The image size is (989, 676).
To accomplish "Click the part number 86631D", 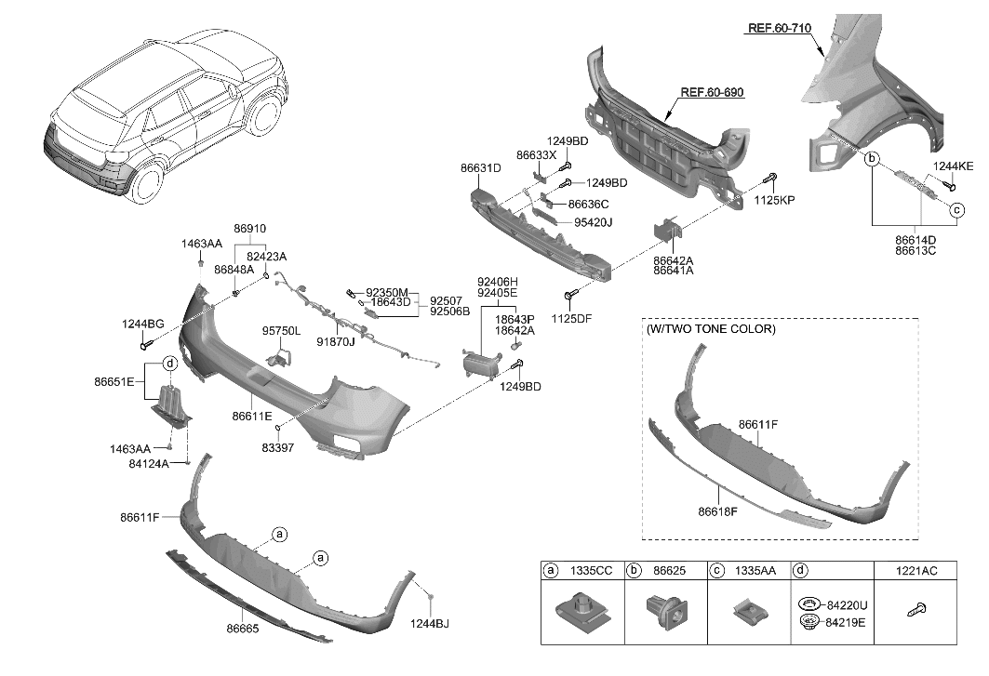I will [x=480, y=168].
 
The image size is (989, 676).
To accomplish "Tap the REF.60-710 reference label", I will [x=780, y=29].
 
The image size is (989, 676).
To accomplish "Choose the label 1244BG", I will [x=142, y=324].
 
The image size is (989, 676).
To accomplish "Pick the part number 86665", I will [x=242, y=630].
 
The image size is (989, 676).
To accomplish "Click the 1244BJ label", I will [x=430, y=623].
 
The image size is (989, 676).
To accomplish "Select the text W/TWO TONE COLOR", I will [x=710, y=329].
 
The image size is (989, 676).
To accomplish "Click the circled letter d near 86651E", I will [x=170, y=363].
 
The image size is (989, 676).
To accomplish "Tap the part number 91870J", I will [x=336, y=341].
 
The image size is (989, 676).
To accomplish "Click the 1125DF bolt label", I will [x=571, y=319].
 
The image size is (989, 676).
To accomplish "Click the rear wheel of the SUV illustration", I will [x=148, y=182].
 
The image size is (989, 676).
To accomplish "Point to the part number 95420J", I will [x=593, y=222].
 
